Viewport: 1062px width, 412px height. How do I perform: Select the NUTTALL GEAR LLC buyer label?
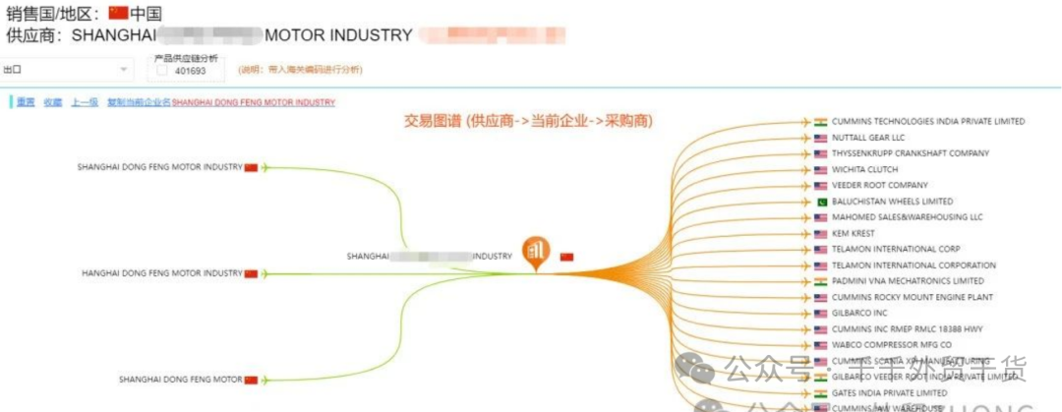point(867,138)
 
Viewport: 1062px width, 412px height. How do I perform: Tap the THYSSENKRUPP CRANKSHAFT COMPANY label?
point(910,153)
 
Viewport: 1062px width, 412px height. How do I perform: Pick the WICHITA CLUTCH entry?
point(865,170)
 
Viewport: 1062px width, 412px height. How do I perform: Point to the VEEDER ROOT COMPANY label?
point(879,186)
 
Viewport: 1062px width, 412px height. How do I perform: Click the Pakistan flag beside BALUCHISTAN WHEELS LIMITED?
point(821,202)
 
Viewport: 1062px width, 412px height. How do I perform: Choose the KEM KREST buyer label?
point(854,234)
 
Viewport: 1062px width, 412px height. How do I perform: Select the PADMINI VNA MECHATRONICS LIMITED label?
point(908,281)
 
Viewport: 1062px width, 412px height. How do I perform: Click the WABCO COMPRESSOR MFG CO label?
point(891,345)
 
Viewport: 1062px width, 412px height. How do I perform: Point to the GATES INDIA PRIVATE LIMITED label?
point(889,393)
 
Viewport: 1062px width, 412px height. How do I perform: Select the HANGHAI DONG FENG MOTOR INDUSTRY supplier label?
point(161,273)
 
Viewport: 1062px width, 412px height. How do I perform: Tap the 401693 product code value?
point(190,71)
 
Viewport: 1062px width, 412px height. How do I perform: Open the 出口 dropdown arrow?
point(123,70)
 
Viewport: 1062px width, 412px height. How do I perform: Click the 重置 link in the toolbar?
point(26,102)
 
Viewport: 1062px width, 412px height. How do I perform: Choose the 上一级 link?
point(84,102)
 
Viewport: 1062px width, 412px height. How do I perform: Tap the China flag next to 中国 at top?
point(118,14)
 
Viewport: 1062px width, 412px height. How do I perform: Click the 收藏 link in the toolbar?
point(52,102)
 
